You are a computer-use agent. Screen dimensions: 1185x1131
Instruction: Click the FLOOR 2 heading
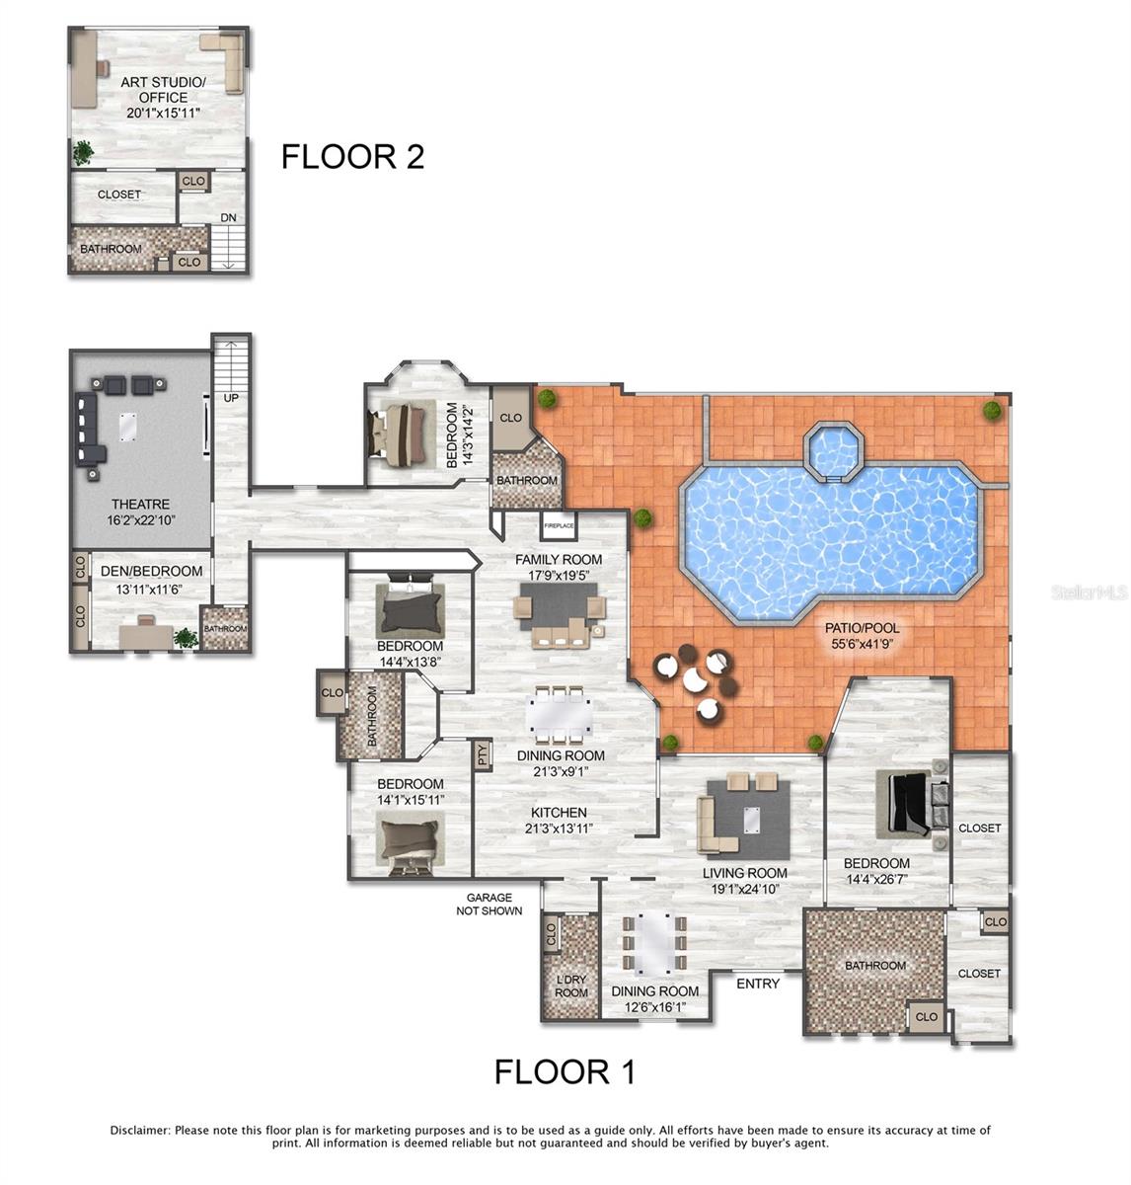(x=352, y=156)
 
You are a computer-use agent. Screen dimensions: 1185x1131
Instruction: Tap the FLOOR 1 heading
(x=565, y=1071)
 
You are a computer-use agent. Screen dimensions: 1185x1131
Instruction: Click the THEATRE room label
(x=140, y=504)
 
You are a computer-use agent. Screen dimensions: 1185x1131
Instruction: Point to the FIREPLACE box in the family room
(x=558, y=526)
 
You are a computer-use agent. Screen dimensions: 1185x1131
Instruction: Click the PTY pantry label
(x=483, y=755)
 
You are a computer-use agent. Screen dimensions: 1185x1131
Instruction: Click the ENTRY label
(x=758, y=984)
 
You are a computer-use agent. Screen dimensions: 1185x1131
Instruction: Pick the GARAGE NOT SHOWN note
(x=490, y=904)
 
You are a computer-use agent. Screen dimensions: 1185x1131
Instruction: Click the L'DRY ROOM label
(x=571, y=986)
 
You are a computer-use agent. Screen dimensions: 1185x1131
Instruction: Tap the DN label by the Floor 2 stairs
(x=228, y=218)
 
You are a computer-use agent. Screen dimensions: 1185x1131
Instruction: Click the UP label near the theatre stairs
(x=231, y=397)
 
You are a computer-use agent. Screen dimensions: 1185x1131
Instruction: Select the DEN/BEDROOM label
(x=151, y=571)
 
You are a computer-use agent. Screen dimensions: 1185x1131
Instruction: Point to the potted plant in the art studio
(x=83, y=151)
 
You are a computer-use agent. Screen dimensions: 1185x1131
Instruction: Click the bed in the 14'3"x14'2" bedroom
(x=404, y=431)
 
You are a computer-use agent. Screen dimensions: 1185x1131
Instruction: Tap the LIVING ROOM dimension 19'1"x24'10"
(x=745, y=889)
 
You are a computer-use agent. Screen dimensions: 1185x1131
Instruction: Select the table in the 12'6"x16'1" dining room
(x=653, y=943)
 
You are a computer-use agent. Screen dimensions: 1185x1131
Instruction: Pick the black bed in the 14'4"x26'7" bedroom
(x=909, y=802)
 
